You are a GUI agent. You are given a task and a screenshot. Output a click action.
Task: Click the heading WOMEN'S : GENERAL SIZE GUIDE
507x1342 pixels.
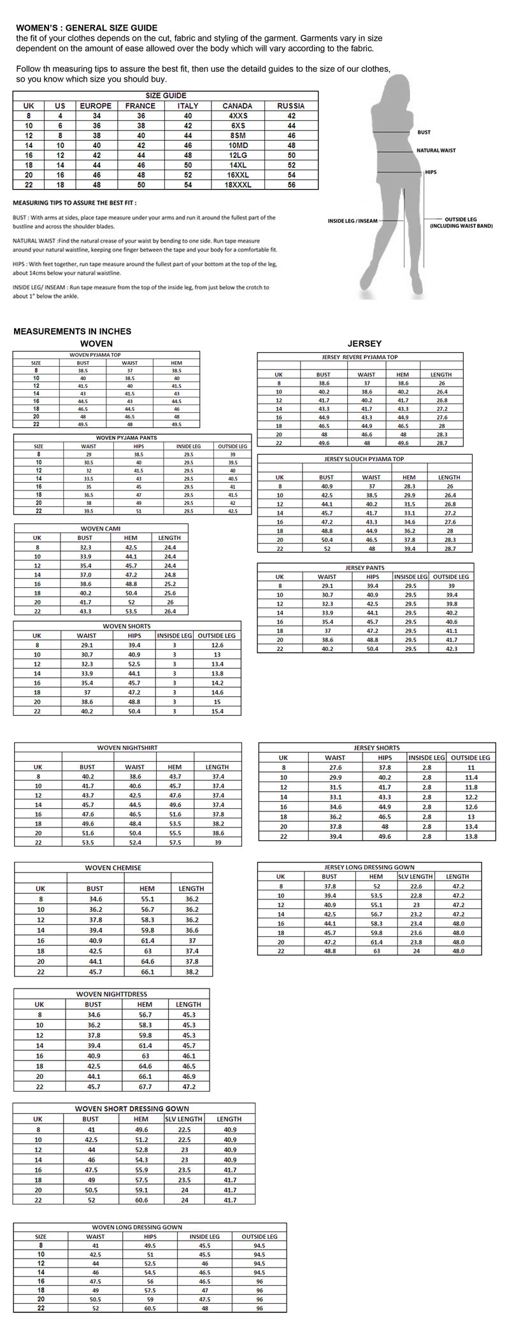[x=87, y=28]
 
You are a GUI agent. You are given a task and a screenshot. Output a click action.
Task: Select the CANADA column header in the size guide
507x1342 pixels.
[x=237, y=106]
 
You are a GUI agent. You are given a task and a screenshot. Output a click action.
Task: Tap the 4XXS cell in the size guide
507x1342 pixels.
[x=237, y=116]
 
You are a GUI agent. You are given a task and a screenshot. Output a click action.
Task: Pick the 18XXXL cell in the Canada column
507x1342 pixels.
[x=237, y=185]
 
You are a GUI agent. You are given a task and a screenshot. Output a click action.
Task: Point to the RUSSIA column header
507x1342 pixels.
[x=291, y=106]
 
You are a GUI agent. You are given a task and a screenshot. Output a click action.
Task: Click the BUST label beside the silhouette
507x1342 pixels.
[x=424, y=132]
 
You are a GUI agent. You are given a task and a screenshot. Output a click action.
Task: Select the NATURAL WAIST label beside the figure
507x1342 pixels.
[x=436, y=150]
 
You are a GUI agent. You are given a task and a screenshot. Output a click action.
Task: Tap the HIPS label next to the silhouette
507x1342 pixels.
[x=431, y=172]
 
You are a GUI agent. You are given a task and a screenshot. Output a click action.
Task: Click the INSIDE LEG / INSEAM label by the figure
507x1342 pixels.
[x=352, y=221]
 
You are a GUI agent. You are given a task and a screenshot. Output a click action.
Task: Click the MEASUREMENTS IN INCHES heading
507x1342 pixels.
[x=72, y=331]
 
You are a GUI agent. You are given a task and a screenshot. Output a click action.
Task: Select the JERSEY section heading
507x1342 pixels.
[x=364, y=343]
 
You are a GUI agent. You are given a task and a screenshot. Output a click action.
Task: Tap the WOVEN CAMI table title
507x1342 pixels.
[x=101, y=529]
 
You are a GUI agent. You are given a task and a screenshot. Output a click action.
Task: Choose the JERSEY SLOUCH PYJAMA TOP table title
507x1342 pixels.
[x=364, y=459]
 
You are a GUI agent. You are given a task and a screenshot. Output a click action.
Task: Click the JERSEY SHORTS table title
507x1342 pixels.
[x=376, y=748]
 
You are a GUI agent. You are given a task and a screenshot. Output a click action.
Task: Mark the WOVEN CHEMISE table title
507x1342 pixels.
[x=113, y=867]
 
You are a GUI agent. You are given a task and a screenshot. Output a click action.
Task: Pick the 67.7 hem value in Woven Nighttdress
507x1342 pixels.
[x=145, y=1087]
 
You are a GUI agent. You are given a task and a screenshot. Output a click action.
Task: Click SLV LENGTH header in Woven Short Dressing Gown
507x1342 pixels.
[x=183, y=1119]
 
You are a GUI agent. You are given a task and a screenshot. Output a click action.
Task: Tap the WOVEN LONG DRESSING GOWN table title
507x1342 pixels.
[x=137, y=1227]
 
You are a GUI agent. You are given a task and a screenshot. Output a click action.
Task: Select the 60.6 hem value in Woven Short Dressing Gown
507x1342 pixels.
[x=141, y=1200]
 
